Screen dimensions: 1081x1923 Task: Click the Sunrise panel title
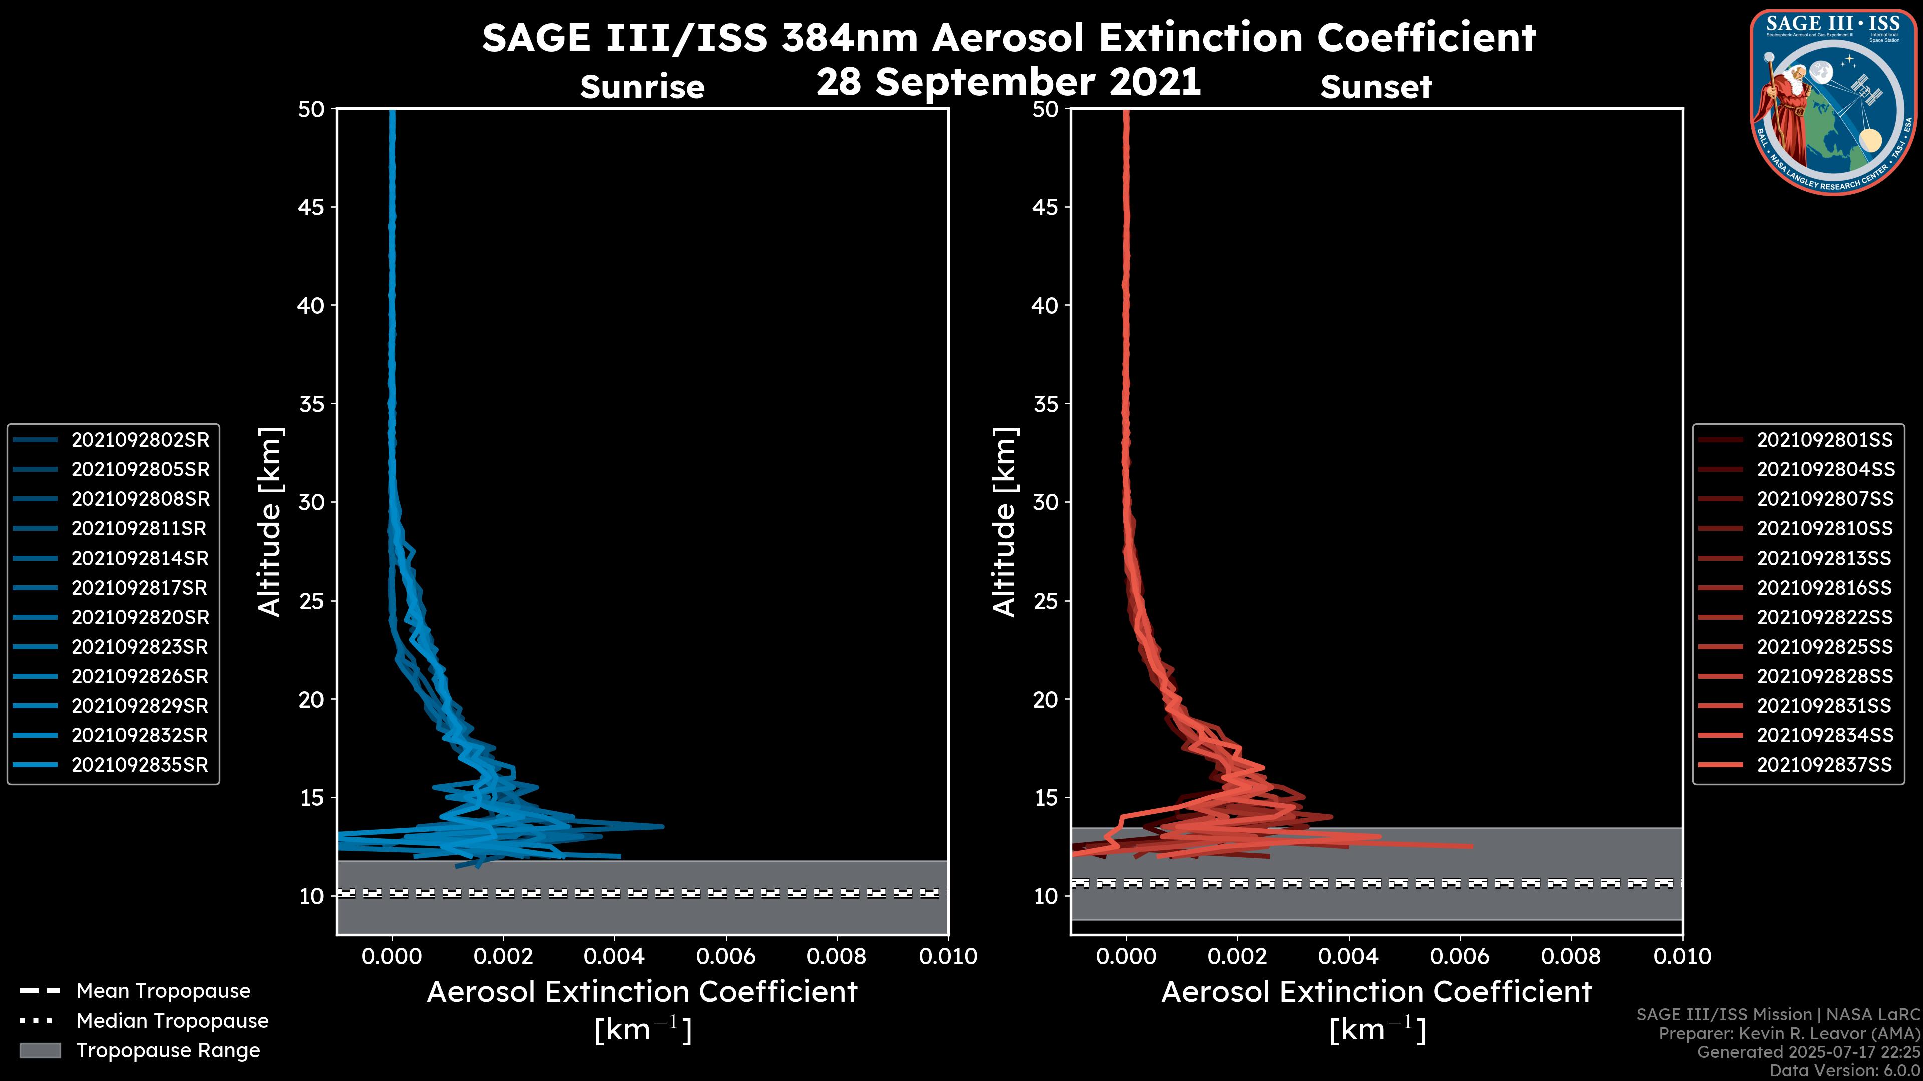642,87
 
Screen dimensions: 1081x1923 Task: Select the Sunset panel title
1376,87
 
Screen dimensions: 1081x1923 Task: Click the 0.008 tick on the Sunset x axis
1571,956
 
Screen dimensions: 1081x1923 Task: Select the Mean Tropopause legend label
163,991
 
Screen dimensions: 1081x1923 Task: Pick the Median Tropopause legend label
172,1021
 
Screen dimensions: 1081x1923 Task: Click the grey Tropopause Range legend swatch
40,1051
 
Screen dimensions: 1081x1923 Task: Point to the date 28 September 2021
1009,82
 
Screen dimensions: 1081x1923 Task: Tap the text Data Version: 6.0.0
1844,1071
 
